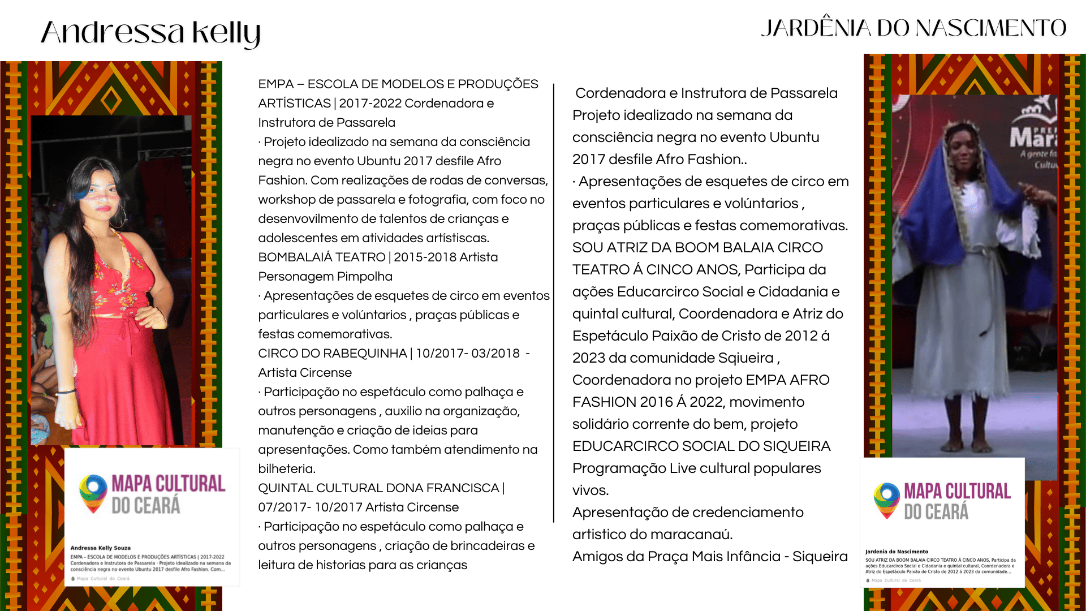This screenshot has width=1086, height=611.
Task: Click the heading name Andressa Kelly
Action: click(x=150, y=32)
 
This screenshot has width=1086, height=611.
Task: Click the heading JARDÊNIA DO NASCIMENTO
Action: click(x=913, y=28)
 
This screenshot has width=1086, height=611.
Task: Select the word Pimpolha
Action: click(x=364, y=277)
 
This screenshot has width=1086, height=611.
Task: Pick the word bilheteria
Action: click(x=286, y=469)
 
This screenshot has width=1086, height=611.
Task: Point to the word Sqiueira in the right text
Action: click(x=746, y=358)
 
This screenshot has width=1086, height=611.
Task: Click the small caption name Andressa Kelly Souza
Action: click(x=101, y=548)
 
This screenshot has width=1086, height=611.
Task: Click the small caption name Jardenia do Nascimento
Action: click(x=897, y=551)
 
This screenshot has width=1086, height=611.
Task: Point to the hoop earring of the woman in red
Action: click(x=120, y=217)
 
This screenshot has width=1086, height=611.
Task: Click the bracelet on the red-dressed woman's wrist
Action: click(x=66, y=391)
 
